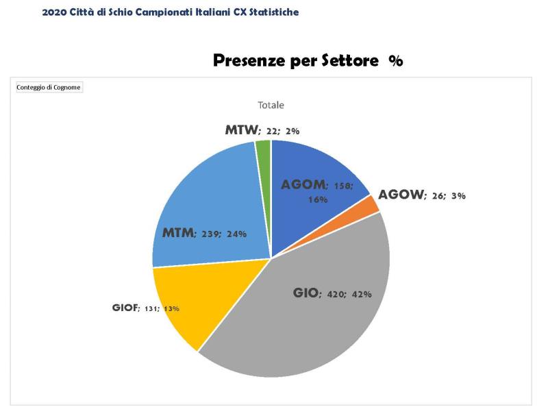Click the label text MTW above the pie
pos(240,129)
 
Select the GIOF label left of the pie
pos(125,308)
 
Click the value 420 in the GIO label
pos(336,294)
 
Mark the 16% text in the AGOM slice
pos(317,199)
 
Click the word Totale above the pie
pos(271,106)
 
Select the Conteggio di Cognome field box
pos(49,87)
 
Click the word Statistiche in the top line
pos(272,12)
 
